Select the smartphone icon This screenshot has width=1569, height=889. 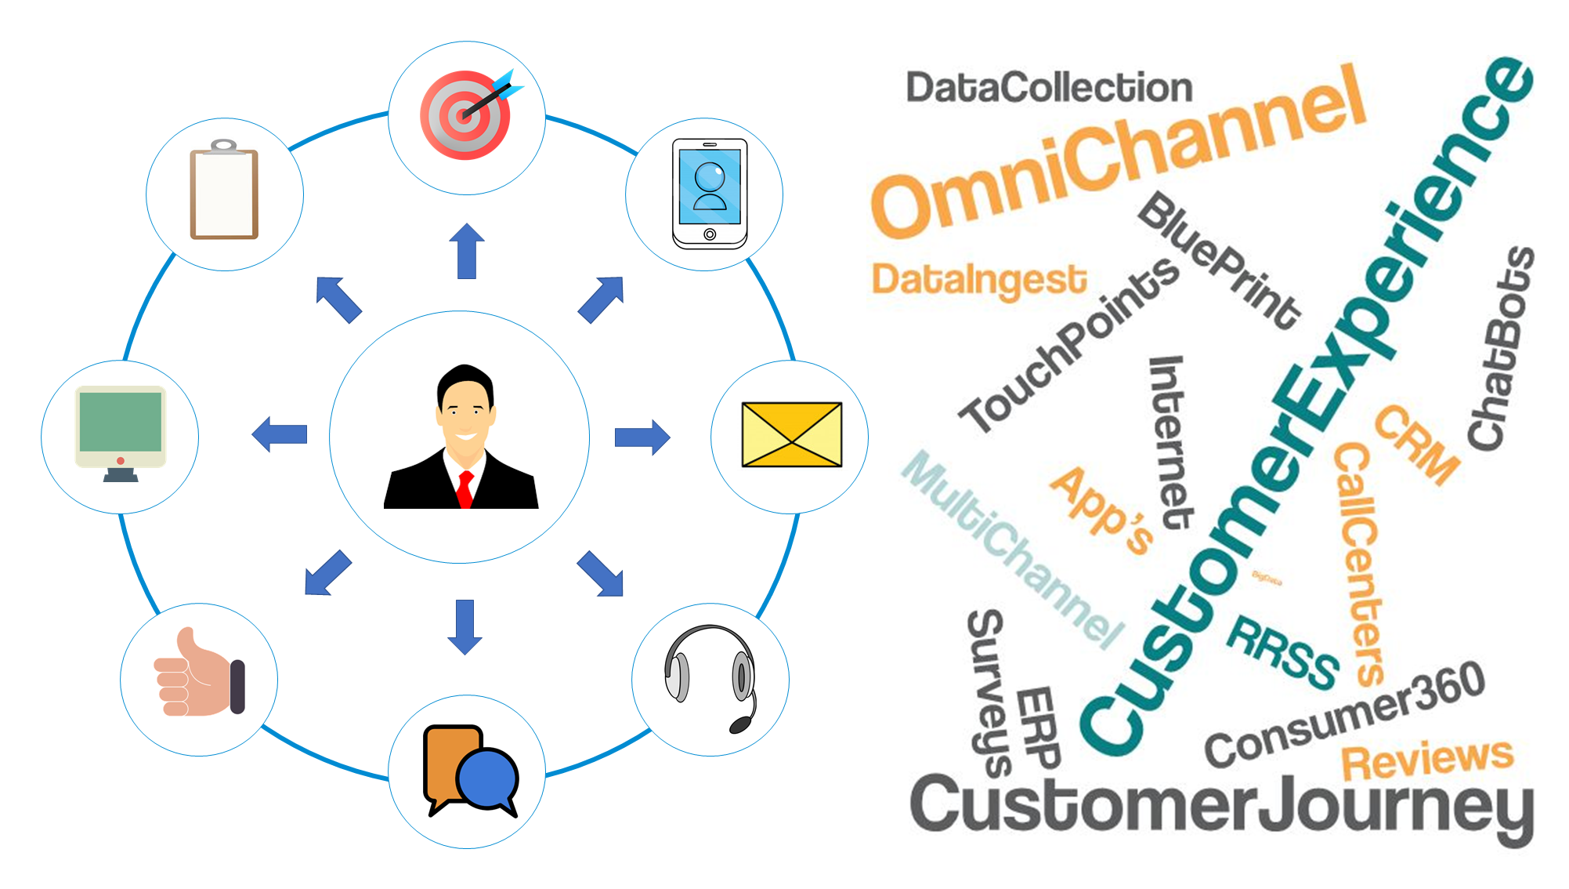pos(710,194)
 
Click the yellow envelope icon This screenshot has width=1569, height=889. pos(791,434)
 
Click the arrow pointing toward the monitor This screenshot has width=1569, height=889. pos(280,434)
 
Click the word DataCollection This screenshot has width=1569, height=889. pos(1049,87)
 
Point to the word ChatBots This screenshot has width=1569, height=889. pos(1500,349)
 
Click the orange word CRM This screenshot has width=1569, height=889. pos(1417,444)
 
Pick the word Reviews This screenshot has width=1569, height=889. pos(1427,759)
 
